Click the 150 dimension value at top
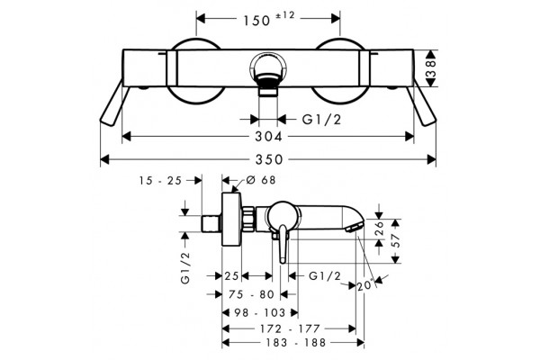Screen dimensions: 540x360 coord(256,21)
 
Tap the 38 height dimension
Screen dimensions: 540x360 coord(431,68)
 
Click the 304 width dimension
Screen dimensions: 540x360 coord(268,137)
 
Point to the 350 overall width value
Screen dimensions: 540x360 coord(269,159)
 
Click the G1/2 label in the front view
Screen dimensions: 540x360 coord(321,120)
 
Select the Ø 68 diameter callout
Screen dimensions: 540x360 coord(261,180)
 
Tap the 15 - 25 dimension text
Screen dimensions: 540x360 coord(160,181)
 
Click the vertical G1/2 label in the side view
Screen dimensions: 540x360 coord(185,267)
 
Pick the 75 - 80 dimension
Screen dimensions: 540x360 coord(251,294)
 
